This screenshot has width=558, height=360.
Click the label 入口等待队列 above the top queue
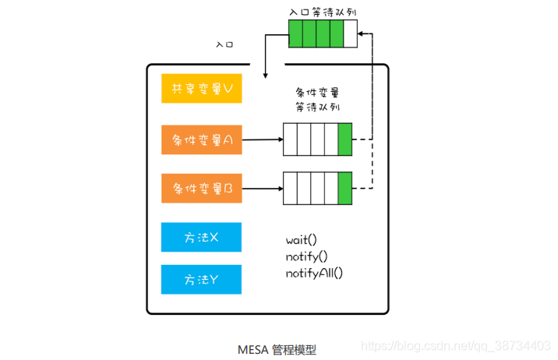[x=322, y=12]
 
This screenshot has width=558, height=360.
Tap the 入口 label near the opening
[x=224, y=44]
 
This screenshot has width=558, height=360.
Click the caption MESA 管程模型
[x=277, y=350]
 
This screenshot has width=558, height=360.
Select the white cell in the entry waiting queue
[x=351, y=34]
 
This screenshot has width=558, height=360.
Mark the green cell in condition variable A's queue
[x=345, y=140]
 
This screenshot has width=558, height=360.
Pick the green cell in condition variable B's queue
[x=345, y=189]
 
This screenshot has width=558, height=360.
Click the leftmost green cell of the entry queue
[x=295, y=34]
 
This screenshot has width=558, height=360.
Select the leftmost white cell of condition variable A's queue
[x=290, y=140]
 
